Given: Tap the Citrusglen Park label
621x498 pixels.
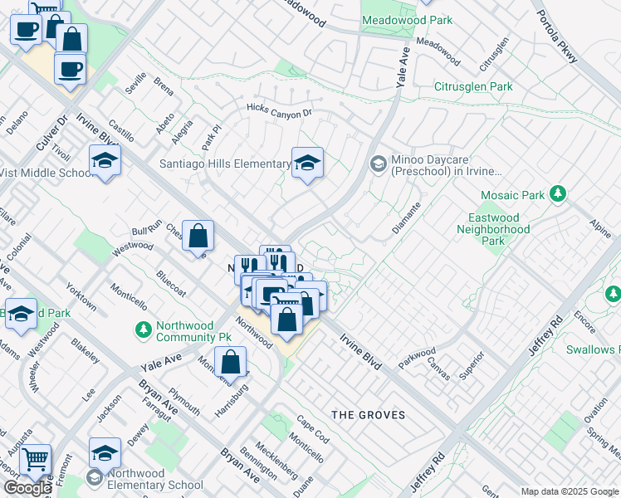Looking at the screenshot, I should click(x=473, y=86).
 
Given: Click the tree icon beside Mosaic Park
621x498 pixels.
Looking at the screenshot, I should click(x=559, y=194).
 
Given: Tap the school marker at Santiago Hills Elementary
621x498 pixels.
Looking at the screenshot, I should click(x=307, y=163).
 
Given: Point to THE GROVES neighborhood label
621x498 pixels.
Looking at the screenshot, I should click(x=368, y=414).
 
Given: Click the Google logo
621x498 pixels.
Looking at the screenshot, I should click(x=27, y=488).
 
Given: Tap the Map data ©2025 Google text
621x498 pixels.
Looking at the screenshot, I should click(x=570, y=491).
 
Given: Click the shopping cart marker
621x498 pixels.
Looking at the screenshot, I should click(x=35, y=458).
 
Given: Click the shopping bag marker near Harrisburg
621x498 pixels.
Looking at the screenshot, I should click(x=231, y=361).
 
